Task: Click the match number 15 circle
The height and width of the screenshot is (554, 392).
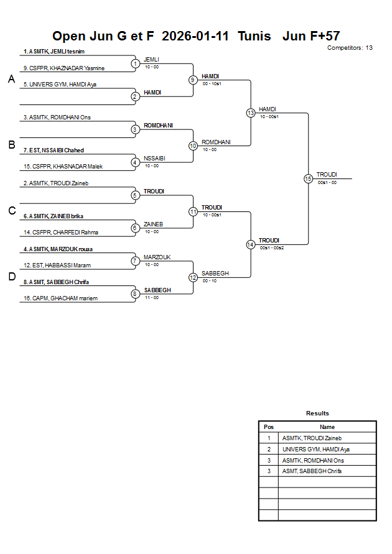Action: pyautogui.click(x=308, y=178)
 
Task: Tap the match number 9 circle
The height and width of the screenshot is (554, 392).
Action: pyautogui.click(x=193, y=80)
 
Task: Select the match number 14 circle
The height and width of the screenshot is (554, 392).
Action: pyautogui.click(x=250, y=244)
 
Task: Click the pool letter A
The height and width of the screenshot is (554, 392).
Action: pyautogui.click(x=11, y=79)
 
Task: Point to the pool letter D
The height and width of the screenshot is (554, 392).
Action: pyautogui.click(x=11, y=277)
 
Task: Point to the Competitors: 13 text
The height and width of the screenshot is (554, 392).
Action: pyautogui.click(x=350, y=47)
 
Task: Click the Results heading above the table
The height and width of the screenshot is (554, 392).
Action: pyautogui.click(x=317, y=413)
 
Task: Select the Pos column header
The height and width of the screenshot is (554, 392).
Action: pyautogui.click(x=269, y=427)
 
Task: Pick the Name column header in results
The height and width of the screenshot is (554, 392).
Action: pyautogui.click(x=327, y=427)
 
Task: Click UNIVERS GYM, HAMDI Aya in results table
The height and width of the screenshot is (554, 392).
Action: pyautogui.click(x=315, y=449)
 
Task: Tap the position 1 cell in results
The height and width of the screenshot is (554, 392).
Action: pyautogui.click(x=269, y=438)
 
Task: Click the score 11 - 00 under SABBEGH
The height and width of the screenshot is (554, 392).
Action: pyautogui.click(x=151, y=297)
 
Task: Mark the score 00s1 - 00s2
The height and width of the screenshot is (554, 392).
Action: pyautogui.click(x=271, y=248)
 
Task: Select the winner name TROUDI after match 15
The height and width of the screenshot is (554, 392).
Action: pyautogui.click(x=327, y=175)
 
